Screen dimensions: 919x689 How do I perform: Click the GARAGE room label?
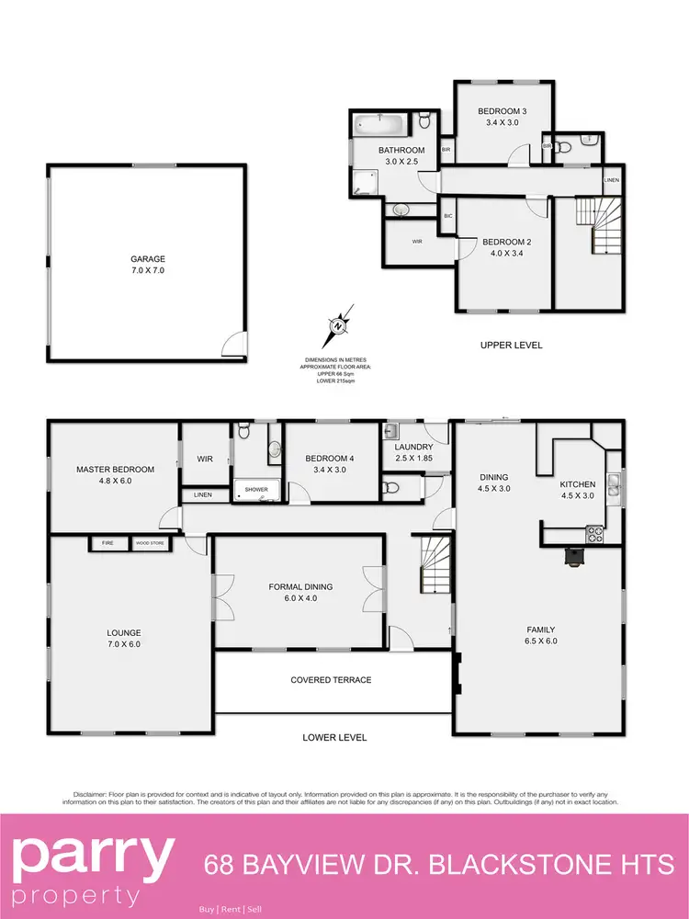click(x=147, y=259)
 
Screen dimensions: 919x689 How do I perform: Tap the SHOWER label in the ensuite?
click(x=256, y=490)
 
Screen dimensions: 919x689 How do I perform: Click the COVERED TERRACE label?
click(x=331, y=680)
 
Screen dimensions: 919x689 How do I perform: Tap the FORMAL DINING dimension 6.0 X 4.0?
click(x=300, y=599)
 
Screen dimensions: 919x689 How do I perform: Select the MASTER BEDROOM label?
click(x=115, y=470)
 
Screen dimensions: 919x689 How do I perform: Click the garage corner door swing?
click(x=235, y=345)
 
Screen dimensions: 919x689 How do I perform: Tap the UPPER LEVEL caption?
click(x=512, y=346)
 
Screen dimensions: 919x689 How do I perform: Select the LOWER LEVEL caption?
click(x=334, y=737)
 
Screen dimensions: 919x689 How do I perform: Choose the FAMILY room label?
click(x=539, y=630)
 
